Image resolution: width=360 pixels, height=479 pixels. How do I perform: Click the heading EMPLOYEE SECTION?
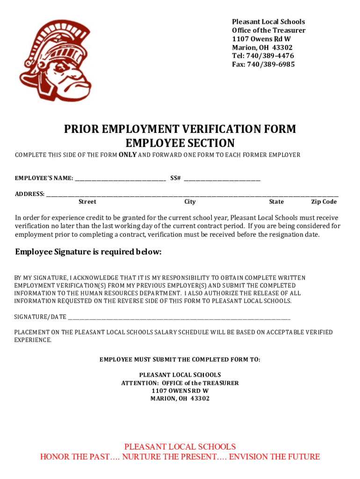click(180, 143)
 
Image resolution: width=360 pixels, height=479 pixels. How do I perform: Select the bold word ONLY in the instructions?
click(128, 155)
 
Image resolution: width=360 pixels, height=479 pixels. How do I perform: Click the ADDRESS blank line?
click(192, 194)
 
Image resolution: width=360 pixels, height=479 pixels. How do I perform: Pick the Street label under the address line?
click(87, 202)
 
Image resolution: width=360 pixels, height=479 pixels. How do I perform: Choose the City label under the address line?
click(190, 202)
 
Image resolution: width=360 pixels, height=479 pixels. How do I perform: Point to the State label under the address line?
click(276, 202)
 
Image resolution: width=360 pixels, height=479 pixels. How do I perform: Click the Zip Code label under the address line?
click(324, 202)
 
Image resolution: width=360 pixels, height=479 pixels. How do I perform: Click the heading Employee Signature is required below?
click(88, 252)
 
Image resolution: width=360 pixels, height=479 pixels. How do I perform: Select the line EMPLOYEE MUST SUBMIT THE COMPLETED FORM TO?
click(180, 359)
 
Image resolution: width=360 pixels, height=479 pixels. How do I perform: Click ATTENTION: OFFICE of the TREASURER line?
click(180, 383)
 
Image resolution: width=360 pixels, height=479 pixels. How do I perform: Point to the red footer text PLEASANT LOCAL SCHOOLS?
click(180, 447)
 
